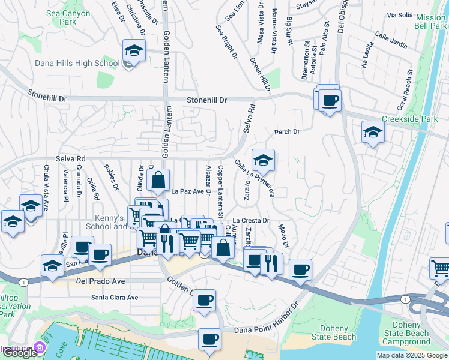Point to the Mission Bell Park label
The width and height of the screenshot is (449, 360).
[430, 22]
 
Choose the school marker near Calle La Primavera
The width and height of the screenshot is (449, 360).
[263, 160]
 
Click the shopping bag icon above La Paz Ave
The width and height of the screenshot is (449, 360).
[157, 179]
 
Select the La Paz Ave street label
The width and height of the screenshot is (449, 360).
[188, 192]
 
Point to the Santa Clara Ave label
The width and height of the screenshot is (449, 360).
[115, 297]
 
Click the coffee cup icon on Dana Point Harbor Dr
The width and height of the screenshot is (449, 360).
[209, 339]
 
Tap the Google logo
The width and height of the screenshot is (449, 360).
[19, 353]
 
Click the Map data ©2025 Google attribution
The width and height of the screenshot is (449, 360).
[411, 355]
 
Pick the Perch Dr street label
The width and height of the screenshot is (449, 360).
[286, 131]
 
